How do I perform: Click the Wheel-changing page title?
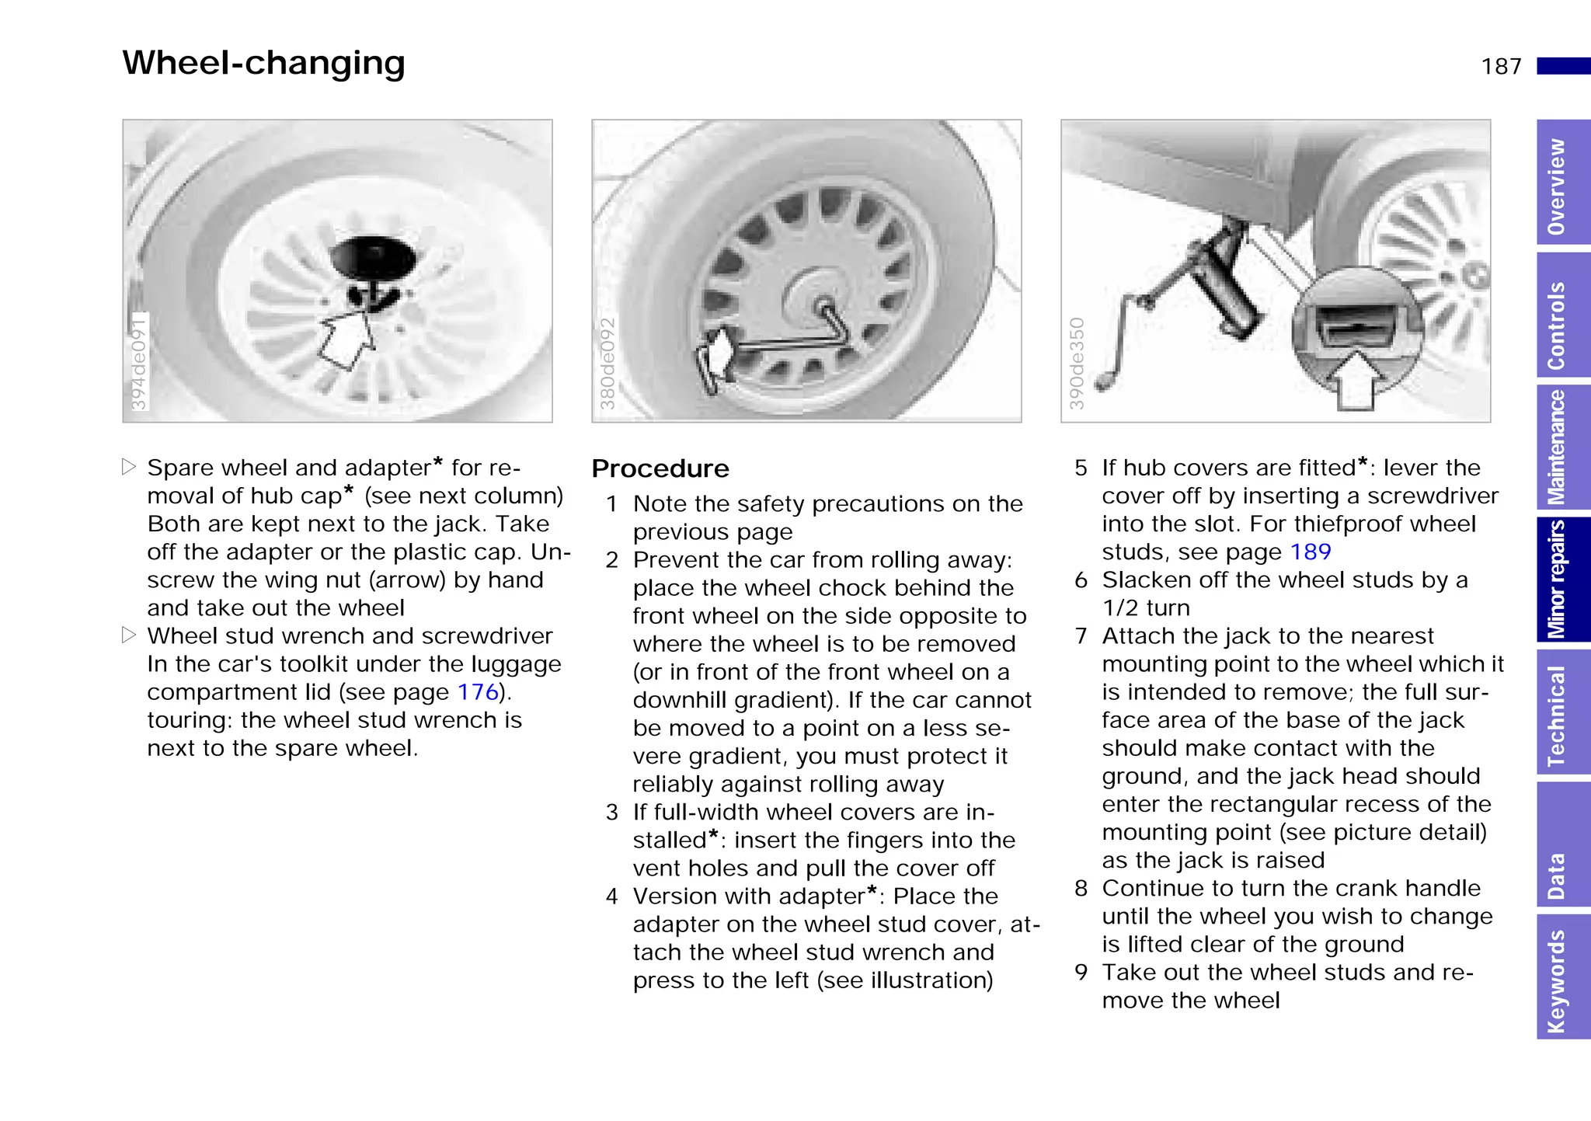[x=263, y=63]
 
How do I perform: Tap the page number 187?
[x=1501, y=67]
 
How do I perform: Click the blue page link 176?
[x=478, y=692]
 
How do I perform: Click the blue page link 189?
[x=1311, y=552]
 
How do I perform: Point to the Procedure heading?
[x=660, y=469]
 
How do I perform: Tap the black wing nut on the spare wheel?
[x=373, y=261]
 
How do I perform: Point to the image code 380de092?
[x=608, y=363]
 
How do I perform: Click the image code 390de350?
[x=1077, y=363]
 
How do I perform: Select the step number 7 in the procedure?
[x=1081, y=636]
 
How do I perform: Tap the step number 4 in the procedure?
[x=612, y=896]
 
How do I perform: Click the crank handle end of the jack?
[x=1103, y=382]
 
